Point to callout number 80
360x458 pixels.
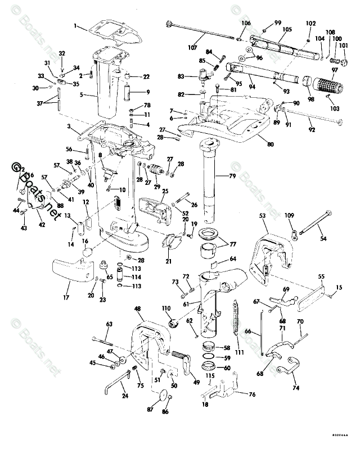pos(271,144)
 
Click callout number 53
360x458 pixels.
pos(263,215)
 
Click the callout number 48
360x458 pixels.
pos(138,308)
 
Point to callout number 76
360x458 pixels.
pos(251,394)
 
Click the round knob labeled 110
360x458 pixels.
pos(174,324)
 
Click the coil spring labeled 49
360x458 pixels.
pos(178,356)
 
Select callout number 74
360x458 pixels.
pos(296,387)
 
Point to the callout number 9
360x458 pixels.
pos(148,92)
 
